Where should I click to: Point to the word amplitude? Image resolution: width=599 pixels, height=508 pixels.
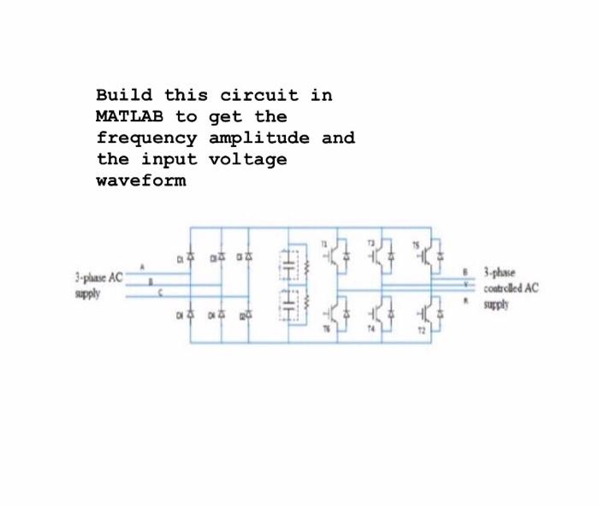click(265, 138)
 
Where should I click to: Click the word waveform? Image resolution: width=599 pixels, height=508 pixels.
click(141, 181)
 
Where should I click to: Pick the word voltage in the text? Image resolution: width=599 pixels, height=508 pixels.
click(248, 159)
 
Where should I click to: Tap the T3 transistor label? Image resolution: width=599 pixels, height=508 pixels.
click(371, 243)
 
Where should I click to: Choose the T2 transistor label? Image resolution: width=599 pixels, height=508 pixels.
click(419, 328)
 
